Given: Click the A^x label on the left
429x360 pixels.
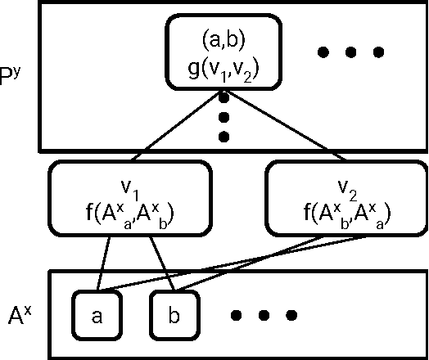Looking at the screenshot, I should tap(20, 315).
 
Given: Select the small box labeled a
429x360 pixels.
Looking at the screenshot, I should tap(97, 315).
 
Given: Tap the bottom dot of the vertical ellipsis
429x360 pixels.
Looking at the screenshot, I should tap(223, 137).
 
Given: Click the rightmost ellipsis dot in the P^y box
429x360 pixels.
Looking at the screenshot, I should tap(377, 53).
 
